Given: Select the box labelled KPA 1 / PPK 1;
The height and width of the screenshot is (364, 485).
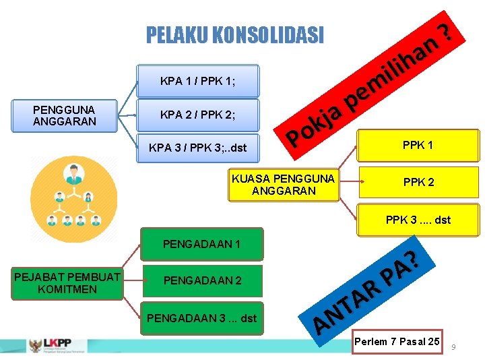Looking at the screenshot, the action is [197, 82].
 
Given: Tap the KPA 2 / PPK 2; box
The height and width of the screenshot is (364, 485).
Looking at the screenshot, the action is [197, 115].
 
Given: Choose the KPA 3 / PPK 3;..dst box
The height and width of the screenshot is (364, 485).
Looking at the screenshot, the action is [197, 146].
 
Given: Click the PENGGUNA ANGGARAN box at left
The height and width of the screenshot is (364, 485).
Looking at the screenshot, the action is [65, 115].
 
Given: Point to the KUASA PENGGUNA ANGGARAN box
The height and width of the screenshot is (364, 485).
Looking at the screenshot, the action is [283, 185].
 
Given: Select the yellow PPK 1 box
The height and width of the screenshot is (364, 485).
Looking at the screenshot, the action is [418, 145].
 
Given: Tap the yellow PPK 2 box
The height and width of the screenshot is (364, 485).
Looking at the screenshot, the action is [418, 182].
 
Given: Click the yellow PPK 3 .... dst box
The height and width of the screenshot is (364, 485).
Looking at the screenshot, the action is [418, 220].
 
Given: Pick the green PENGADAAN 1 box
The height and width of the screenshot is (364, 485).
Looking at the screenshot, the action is [201, 243].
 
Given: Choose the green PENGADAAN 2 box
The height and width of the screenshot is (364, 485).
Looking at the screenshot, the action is [201, 280].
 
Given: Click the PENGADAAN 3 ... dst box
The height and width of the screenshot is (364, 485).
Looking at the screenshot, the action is [201, 317].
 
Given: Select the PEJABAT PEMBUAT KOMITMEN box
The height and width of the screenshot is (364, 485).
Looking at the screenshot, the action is [67, 283].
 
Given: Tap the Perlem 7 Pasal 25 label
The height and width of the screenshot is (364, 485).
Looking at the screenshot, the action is [397, 342].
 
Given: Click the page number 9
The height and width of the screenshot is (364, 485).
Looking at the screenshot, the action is [453, 346].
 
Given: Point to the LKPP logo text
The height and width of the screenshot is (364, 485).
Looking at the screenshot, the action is [57, 343].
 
